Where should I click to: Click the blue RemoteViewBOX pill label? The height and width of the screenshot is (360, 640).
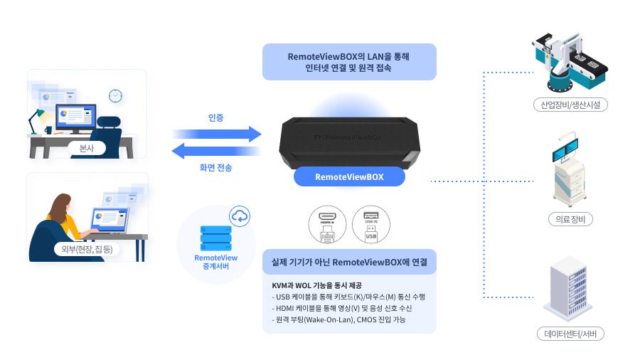pyautogui.click(x=349, y=177)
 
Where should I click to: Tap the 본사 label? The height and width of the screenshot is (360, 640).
pyautogui.click(x=87, y=148)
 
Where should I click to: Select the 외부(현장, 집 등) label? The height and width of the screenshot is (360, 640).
pyautogui.click(x=87, y=250)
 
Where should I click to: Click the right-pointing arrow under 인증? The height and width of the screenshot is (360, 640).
pyautogui.click(x=217, y=133)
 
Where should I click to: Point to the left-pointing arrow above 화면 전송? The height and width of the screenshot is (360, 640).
pyautogui.click(x=217, y=151)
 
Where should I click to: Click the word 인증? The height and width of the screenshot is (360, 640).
pyautogui.click(x=216, y=117)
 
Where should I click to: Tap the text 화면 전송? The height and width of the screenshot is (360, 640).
pyautogui.click(x=215, y=168)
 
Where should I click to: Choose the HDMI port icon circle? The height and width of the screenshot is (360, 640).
pyautogui.click(x=328, y=224)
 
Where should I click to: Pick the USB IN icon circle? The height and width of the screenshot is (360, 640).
pyautogui.click(x=371, y=224)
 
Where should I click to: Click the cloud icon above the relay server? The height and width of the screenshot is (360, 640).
pyautogui.click(x=240, y=216)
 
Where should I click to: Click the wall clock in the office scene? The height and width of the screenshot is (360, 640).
pyautogui.click(x=115, y=95)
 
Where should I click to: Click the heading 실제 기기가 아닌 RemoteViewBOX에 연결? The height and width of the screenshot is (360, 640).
pyautogui.click(x=349, y=262)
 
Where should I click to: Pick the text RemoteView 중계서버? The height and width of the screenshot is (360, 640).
pyautogui.click(x=215, y=263)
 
